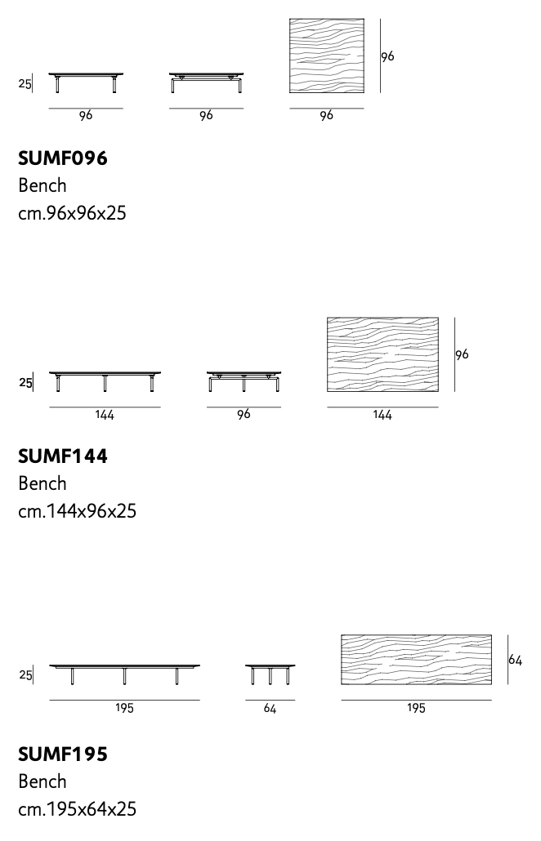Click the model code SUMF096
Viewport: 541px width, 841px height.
coord(63,158)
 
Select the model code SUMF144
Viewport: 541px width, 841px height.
coord(63,456)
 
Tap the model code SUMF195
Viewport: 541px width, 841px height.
coord(63,754)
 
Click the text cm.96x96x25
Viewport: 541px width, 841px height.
coord(72,213)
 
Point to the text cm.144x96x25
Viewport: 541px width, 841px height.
coord(78,511)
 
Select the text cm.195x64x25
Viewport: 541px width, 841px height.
coord(78,809)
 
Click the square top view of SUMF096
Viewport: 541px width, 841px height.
coord(327,56)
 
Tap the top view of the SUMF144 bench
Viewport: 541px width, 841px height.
coord(382,354)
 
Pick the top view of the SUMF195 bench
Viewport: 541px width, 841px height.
coord(417,660)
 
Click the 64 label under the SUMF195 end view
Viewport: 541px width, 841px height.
coord(270,709)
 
